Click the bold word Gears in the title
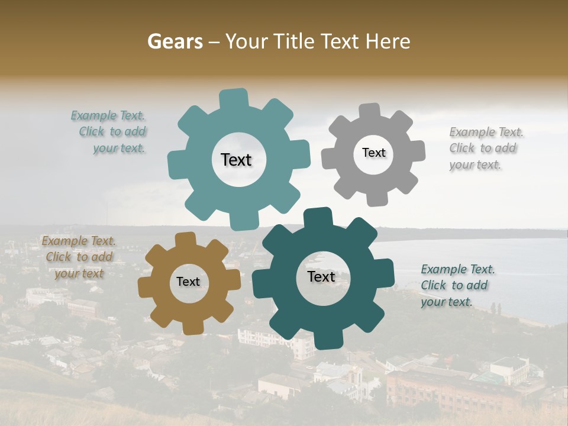(174, 41)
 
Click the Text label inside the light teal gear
(236, 160)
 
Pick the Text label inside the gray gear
(373, 153)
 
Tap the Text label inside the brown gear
(188, 282)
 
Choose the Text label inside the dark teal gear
(321, 277)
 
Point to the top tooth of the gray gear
(370, 112)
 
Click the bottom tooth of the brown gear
(192, 327)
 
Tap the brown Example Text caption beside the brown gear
(79, 257)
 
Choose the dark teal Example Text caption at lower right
(457, 286)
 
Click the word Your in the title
(248, 41)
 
